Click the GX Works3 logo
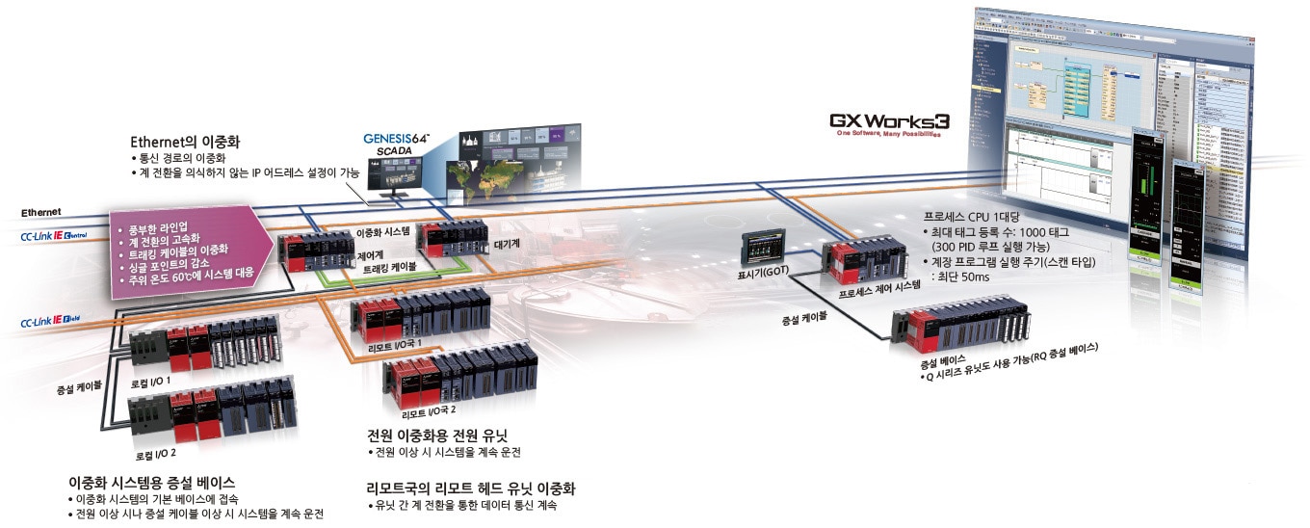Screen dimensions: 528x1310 pyautogui.click(x=889, y=122)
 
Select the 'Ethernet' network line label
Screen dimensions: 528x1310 pyautogui.click(x=41, y=211)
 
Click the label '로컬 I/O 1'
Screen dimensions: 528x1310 pyautogui.click(x=151, y=382)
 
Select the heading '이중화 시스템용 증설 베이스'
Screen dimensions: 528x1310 pyautogui.click(x=152, y=482)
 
